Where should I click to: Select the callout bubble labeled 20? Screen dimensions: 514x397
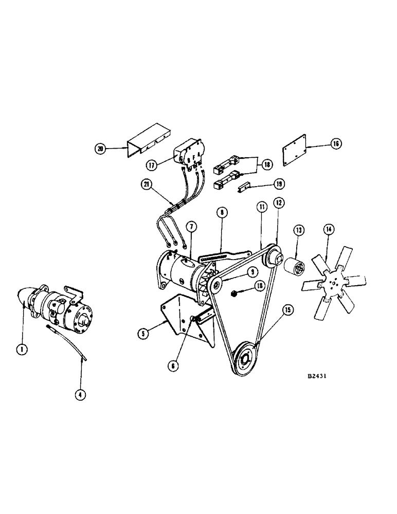click(100, 149)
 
